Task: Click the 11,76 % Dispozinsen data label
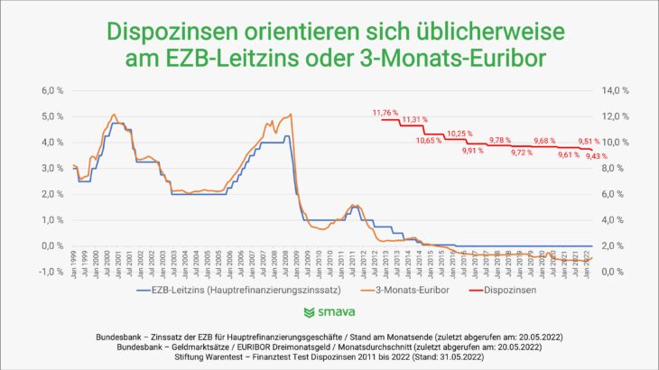[385, 112]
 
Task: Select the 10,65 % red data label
[429, 140]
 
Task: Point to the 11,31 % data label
[415, 119]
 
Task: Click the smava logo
[329, 313]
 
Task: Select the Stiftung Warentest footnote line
[329, 356]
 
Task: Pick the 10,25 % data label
[459, 134]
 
